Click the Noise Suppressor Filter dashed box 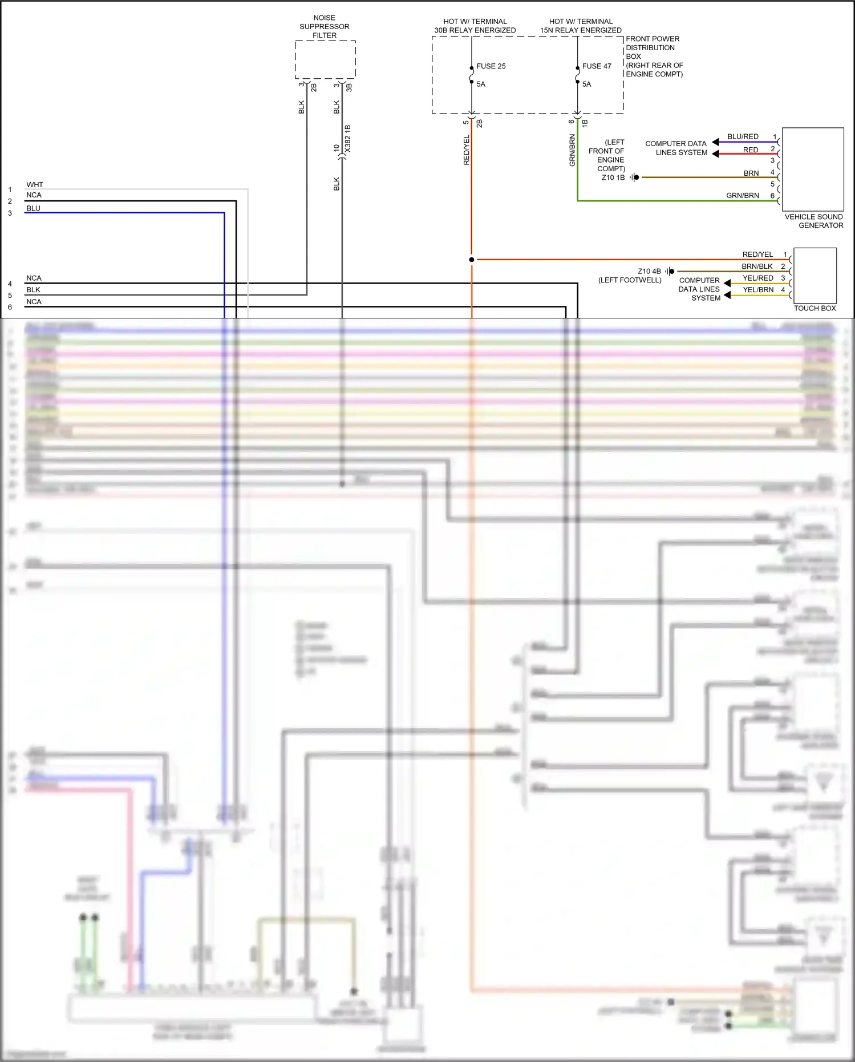325,59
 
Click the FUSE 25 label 491,66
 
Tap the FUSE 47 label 596,66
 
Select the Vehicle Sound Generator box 812,169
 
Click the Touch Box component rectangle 815,275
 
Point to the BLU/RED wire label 743,136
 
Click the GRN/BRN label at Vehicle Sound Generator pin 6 742,195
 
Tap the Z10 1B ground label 613,177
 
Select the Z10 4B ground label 649,271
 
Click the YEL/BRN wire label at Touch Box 758,289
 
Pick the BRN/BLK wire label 757,266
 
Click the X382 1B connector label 348,139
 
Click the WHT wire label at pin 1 34,184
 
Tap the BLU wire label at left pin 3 33,208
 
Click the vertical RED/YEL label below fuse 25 467,150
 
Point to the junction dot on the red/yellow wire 472,260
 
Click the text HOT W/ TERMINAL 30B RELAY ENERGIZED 475,26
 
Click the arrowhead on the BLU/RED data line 715,142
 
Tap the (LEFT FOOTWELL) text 629,280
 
